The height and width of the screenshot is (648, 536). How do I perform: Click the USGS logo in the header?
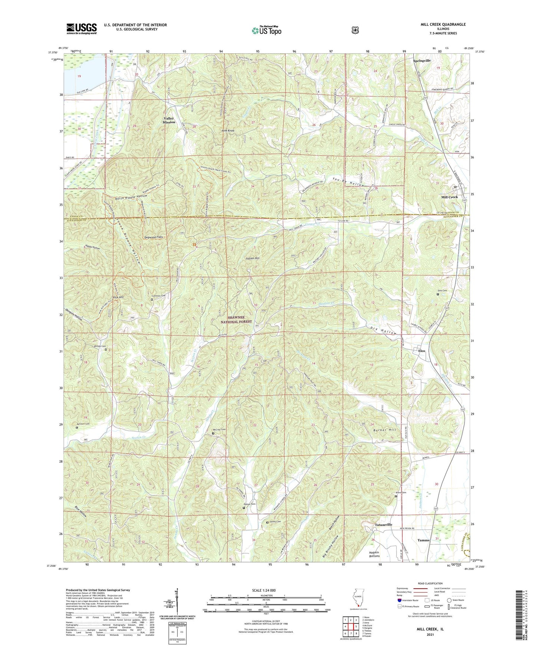pyautogui.click(x=82, y=29)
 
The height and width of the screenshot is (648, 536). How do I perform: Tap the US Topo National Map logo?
pyautogui.click(x=266, y=30)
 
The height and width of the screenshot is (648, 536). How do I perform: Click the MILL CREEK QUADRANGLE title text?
pyautogui.click(x=443, y=24)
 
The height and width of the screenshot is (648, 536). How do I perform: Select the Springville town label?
pyautogui.click(x=422, y=60)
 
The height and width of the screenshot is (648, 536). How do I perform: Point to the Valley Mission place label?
pyautogui.click(x=169, y=120)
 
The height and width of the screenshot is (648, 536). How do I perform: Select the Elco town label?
pyautogui.click(x=421, y=351)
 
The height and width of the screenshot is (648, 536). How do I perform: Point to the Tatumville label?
pyautogui.click(x=383, y=525)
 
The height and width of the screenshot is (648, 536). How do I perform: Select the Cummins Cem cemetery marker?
pyautogui.click(x=152, y=299)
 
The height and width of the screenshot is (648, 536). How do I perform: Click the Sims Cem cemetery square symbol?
pyautogui.click(x=437, y=294)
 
